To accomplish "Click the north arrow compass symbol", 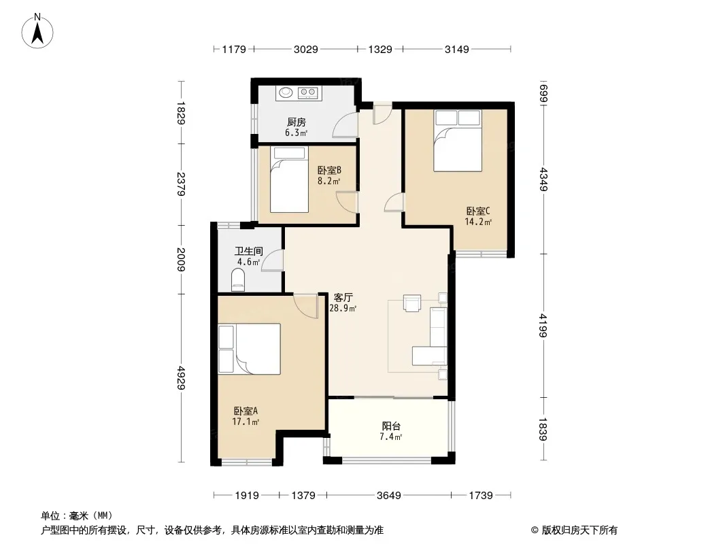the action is click(37, 31).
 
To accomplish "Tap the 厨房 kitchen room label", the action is click(297, 122).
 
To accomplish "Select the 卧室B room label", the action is click(329, 171).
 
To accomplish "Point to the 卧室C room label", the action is click(478, 211).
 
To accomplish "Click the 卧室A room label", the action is click(246, 411).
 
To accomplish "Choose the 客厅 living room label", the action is click(343, 297).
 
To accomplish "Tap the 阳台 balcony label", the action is click(391, 426).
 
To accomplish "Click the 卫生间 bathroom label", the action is click(249, 251).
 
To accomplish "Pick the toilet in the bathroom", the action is click(238, 281).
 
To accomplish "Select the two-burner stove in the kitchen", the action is click(308, 93).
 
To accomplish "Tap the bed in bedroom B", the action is click(290, 180).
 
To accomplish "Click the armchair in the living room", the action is click(412, 303).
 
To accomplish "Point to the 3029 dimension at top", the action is click(305, 49).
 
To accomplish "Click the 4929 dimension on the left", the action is click(181, 377).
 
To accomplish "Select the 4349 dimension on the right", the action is click(543, 180).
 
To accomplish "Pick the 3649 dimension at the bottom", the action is click(389, 496).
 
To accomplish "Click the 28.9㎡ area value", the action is click(343, 308).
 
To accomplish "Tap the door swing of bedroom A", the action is click(305, 306).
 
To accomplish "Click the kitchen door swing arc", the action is click(345, 125).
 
